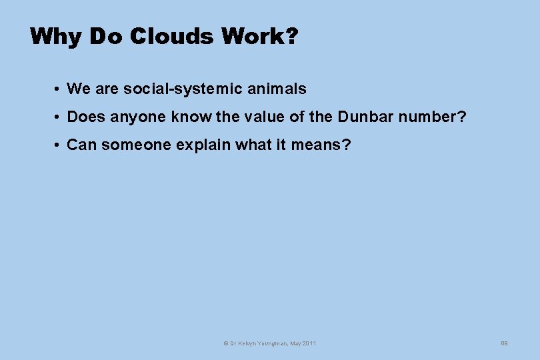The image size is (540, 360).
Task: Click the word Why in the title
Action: point(55,37)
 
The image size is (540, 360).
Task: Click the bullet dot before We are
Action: point(59,89)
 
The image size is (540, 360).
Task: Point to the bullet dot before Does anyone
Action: point(59,117)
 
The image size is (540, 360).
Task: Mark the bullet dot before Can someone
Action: point(59,145)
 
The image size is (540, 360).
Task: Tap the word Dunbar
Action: point(365,117)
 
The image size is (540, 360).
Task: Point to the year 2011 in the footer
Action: point(309,343)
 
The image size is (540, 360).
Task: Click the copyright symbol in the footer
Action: point(225,343)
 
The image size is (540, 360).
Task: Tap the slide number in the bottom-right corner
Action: point(505,343)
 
